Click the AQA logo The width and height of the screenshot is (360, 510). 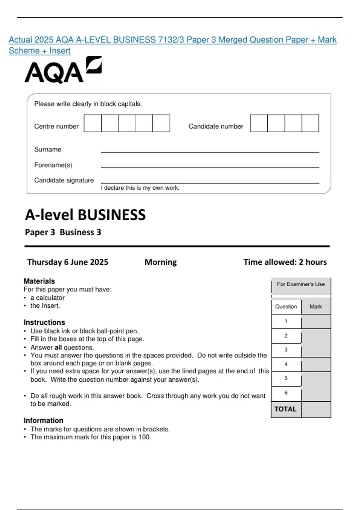(x=63, y=70)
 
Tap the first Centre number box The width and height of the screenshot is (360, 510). (x=93, y=123)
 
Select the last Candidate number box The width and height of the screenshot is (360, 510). (x=310, y=123)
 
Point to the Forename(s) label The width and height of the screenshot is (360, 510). (x=53, y=165)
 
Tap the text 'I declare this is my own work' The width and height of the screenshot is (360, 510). (x=140, y=188)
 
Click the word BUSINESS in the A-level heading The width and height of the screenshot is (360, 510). (x=112, y=215)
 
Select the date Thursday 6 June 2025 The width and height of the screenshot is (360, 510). (x=68, y=262)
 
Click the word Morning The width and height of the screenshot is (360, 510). (x=160, y=262)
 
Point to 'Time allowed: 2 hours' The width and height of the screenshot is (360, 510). (x=285, y=262)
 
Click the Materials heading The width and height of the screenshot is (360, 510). (x=39, y=281)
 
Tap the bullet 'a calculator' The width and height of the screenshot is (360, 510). (x=47, y=298)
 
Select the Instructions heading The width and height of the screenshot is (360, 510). (x=44, y=322)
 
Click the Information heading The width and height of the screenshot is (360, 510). (x=43, y=420)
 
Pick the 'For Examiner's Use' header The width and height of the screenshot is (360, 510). (x=301, y=284)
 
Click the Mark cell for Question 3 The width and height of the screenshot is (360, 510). (x=316, y=350)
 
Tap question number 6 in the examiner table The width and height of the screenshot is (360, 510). (x=286, y=393)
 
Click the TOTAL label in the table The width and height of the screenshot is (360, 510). (x=285, y=409)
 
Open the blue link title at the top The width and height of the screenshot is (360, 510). (x=172, y=40)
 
